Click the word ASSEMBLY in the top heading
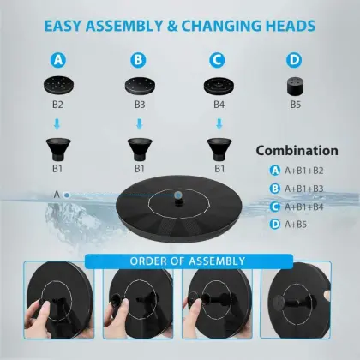coord(124,26)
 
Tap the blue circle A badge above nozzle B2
coord(58,60)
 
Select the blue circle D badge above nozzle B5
coord(294,60)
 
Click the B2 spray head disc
coord(59,85)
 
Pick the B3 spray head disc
coord(140,85)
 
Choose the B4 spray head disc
coord(219,85)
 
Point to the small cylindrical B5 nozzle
coord(295,86)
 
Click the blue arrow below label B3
coord(140,124)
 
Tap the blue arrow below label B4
coord(219,124)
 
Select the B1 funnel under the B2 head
coord(58,149)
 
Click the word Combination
coord(297,151)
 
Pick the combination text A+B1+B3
coord(304,189)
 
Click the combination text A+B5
coord(296,225)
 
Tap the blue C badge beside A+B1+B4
coord(274,207)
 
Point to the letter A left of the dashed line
coord(57,195)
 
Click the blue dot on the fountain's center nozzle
coord(178,195)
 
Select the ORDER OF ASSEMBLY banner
coord(189,261)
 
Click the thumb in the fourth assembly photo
coord(326,296)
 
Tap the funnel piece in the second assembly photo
coord(117,300)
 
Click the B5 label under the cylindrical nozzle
coord(296,105)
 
